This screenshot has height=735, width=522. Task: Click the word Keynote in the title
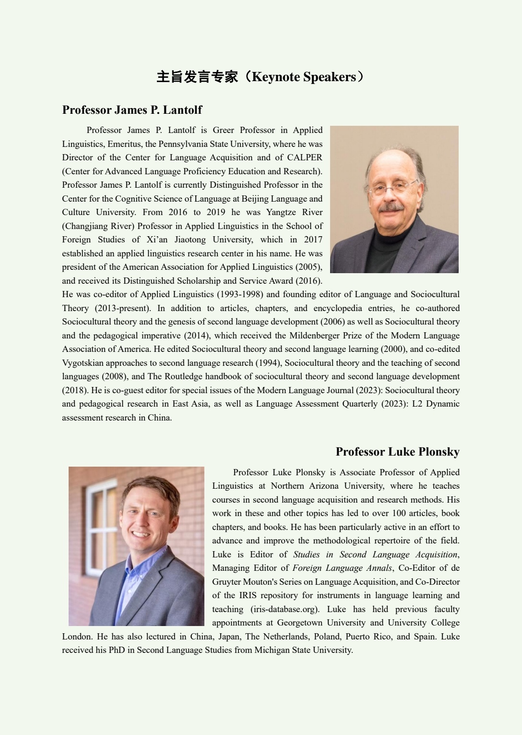(275, 77)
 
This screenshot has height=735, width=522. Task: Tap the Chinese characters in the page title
(197, 77)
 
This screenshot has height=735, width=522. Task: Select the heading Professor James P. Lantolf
(132, 110)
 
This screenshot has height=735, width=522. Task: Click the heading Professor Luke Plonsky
(397, 452)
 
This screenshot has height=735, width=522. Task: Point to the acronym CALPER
(305, 157)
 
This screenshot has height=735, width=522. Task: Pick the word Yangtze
(282, 212)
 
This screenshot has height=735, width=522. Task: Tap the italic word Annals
(377, 568)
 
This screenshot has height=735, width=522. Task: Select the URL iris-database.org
(284, 609)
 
